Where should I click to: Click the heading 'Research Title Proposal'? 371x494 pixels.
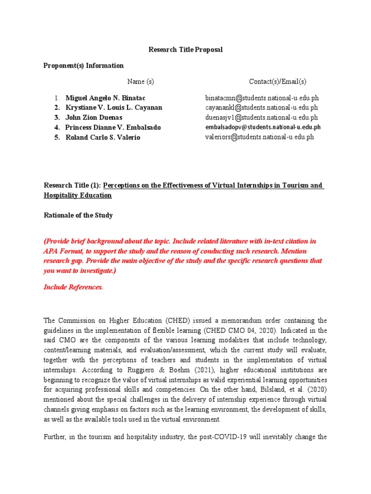pos(185,50)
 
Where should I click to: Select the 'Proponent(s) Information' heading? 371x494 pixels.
pos(84,66)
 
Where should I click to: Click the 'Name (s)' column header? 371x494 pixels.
pos(141,82)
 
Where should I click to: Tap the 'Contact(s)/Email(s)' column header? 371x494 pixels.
pos(278,82)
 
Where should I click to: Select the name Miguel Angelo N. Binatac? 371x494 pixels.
pos(105,98)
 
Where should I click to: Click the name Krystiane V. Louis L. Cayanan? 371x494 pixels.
pos(114,108)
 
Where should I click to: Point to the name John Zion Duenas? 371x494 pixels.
pos(94,117)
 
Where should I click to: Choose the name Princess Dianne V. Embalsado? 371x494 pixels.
pos(113,127)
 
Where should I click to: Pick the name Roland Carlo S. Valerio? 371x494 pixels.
pos(103,137)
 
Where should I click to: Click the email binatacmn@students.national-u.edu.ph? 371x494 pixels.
pos(262,98)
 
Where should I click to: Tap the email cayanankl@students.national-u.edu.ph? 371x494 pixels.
pos(261,108)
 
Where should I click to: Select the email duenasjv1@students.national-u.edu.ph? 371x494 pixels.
pos(261,117)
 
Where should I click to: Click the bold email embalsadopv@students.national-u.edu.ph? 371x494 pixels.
pos(263,127)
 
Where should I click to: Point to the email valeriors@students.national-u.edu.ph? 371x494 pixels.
pos(259,137)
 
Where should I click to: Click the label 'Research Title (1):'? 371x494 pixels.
pos(72,186)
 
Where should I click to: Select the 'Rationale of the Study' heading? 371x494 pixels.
pos(78,215)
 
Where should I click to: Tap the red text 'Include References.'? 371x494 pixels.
pos(73,287)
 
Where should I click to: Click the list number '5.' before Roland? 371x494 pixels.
pos(57,137)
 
